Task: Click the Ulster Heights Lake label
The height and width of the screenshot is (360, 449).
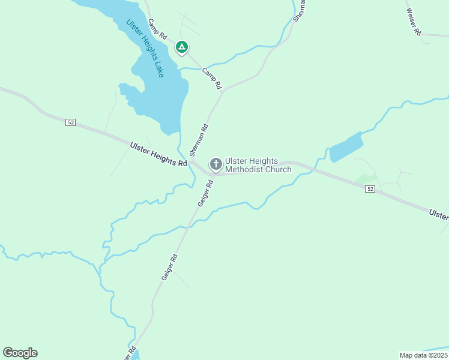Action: (x=145, y=48)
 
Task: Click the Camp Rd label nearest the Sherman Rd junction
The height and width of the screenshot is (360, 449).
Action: (x=212, y=79)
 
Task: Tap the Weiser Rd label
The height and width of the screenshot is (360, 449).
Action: (x=413, y=22)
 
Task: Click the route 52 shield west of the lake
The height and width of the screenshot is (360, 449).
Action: (x=71, y=122)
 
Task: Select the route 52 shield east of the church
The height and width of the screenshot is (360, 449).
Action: (x=370, y=189)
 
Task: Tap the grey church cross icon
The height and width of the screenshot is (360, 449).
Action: (x=215, y=164)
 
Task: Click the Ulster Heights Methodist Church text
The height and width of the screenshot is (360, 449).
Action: (x=258, y=165)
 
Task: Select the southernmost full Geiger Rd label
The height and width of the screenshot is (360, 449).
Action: (x=169, y=267)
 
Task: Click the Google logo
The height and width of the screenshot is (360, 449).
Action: (x=20, y=353)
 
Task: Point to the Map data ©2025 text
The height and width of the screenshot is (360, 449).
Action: (x=423, y=355)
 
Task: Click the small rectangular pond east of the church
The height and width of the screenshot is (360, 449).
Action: (x=346, y=147)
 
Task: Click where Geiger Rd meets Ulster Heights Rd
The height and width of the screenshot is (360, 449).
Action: (x=214, y=175)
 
